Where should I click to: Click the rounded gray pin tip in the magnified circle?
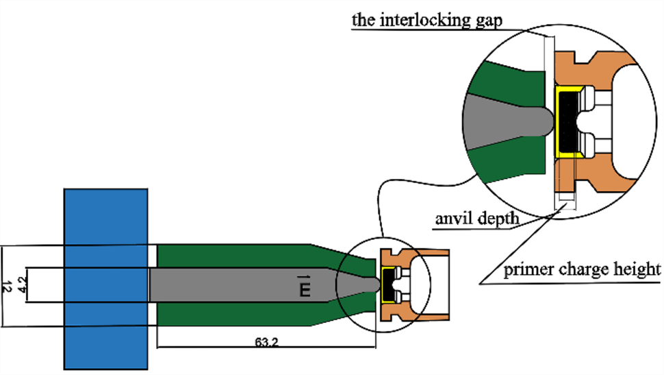(x=541, y=122)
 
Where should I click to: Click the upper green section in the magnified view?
(x=510, y=79)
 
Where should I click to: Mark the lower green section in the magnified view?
(x=510, y=168)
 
